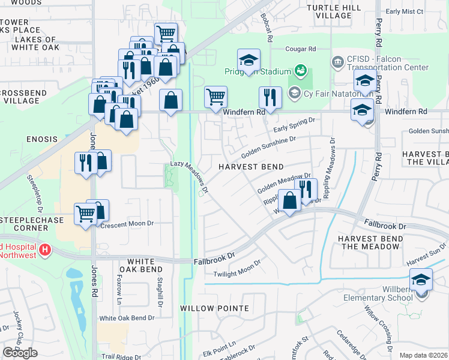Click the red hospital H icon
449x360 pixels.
click(44, 249)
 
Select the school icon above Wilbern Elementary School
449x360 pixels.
click(421, 280)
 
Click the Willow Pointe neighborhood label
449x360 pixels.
click(214, 308)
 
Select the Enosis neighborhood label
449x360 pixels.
click(41, 139)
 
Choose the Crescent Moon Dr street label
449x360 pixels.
click(127, 224)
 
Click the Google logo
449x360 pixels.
click(20, 352)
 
